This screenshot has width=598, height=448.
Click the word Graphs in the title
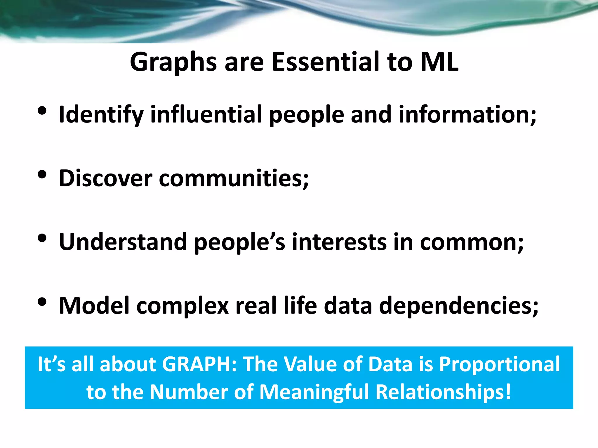pyautogui.click(x=173, y=62)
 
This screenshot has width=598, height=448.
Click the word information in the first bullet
pyautogui.click(x=466, y=114)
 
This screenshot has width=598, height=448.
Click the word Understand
pyautogui.click(x=123, y=242)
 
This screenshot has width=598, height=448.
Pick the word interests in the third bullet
pyautogui.click(x=339, y=242)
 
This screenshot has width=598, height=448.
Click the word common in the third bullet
pyautogui.click(x=470, y=242)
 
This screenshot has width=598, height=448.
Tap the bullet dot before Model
pyautogui.click(x=42, y=302)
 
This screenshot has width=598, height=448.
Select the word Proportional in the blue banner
pyautogui.click(x=499, y=365)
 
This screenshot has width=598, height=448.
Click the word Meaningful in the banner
pyautogui.click(x=314, y=392)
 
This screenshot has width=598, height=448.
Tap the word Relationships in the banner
pyautogui.click(x=442, y=392)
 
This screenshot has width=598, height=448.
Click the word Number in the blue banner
pyautogui.click(x=189, y=392)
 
